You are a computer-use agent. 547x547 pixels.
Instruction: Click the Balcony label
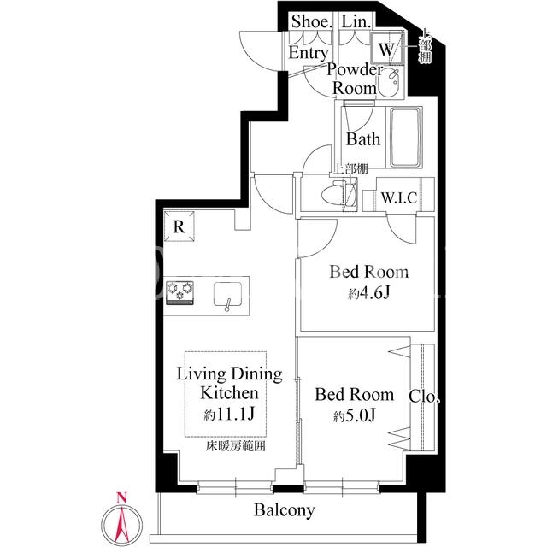tap(284, 510)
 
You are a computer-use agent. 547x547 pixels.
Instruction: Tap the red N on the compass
tap(121, 497)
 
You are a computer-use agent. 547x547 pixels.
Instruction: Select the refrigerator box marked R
tap(179, 226)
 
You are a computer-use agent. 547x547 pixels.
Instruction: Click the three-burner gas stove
tap(180, 292)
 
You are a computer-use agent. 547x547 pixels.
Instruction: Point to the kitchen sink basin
tap(228, 294)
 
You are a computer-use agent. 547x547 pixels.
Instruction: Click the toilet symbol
tap(334, 196)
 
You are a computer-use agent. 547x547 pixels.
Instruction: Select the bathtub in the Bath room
tap(404, 138)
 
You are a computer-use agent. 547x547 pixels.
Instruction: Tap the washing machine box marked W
tap(386, 49)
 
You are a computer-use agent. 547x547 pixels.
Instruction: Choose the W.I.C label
tap(399, 197)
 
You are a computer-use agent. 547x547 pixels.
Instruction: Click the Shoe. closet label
tap(311, 21)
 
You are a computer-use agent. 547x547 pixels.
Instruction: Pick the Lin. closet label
tap(356, 21)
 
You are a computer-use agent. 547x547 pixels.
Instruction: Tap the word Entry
tap(309, 53)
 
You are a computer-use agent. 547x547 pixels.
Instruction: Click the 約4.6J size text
tap(368, 294)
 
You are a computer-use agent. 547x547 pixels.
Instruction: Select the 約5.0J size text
tap(354, 415)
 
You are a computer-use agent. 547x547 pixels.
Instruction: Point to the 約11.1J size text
tap(229, 414)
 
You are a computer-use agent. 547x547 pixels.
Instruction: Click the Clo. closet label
tap(424, 397)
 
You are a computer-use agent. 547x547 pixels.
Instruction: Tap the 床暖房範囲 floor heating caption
tap(236, 446)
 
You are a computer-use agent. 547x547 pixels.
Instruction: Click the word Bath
tap(362, 139)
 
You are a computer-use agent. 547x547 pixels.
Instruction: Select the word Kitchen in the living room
tap(229, 393)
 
